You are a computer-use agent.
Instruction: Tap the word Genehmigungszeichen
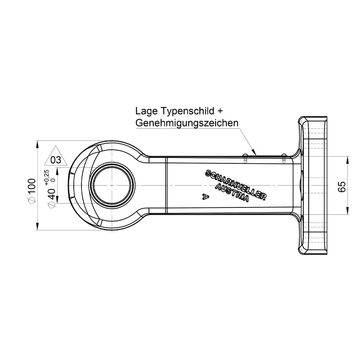point(187,123)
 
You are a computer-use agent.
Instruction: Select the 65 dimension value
point(342,186)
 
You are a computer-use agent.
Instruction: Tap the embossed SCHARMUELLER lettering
point(235,183)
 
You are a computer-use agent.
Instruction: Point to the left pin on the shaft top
point(245,157)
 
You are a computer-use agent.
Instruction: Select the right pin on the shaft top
point(283,157)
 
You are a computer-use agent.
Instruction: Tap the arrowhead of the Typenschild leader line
point(255,153)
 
